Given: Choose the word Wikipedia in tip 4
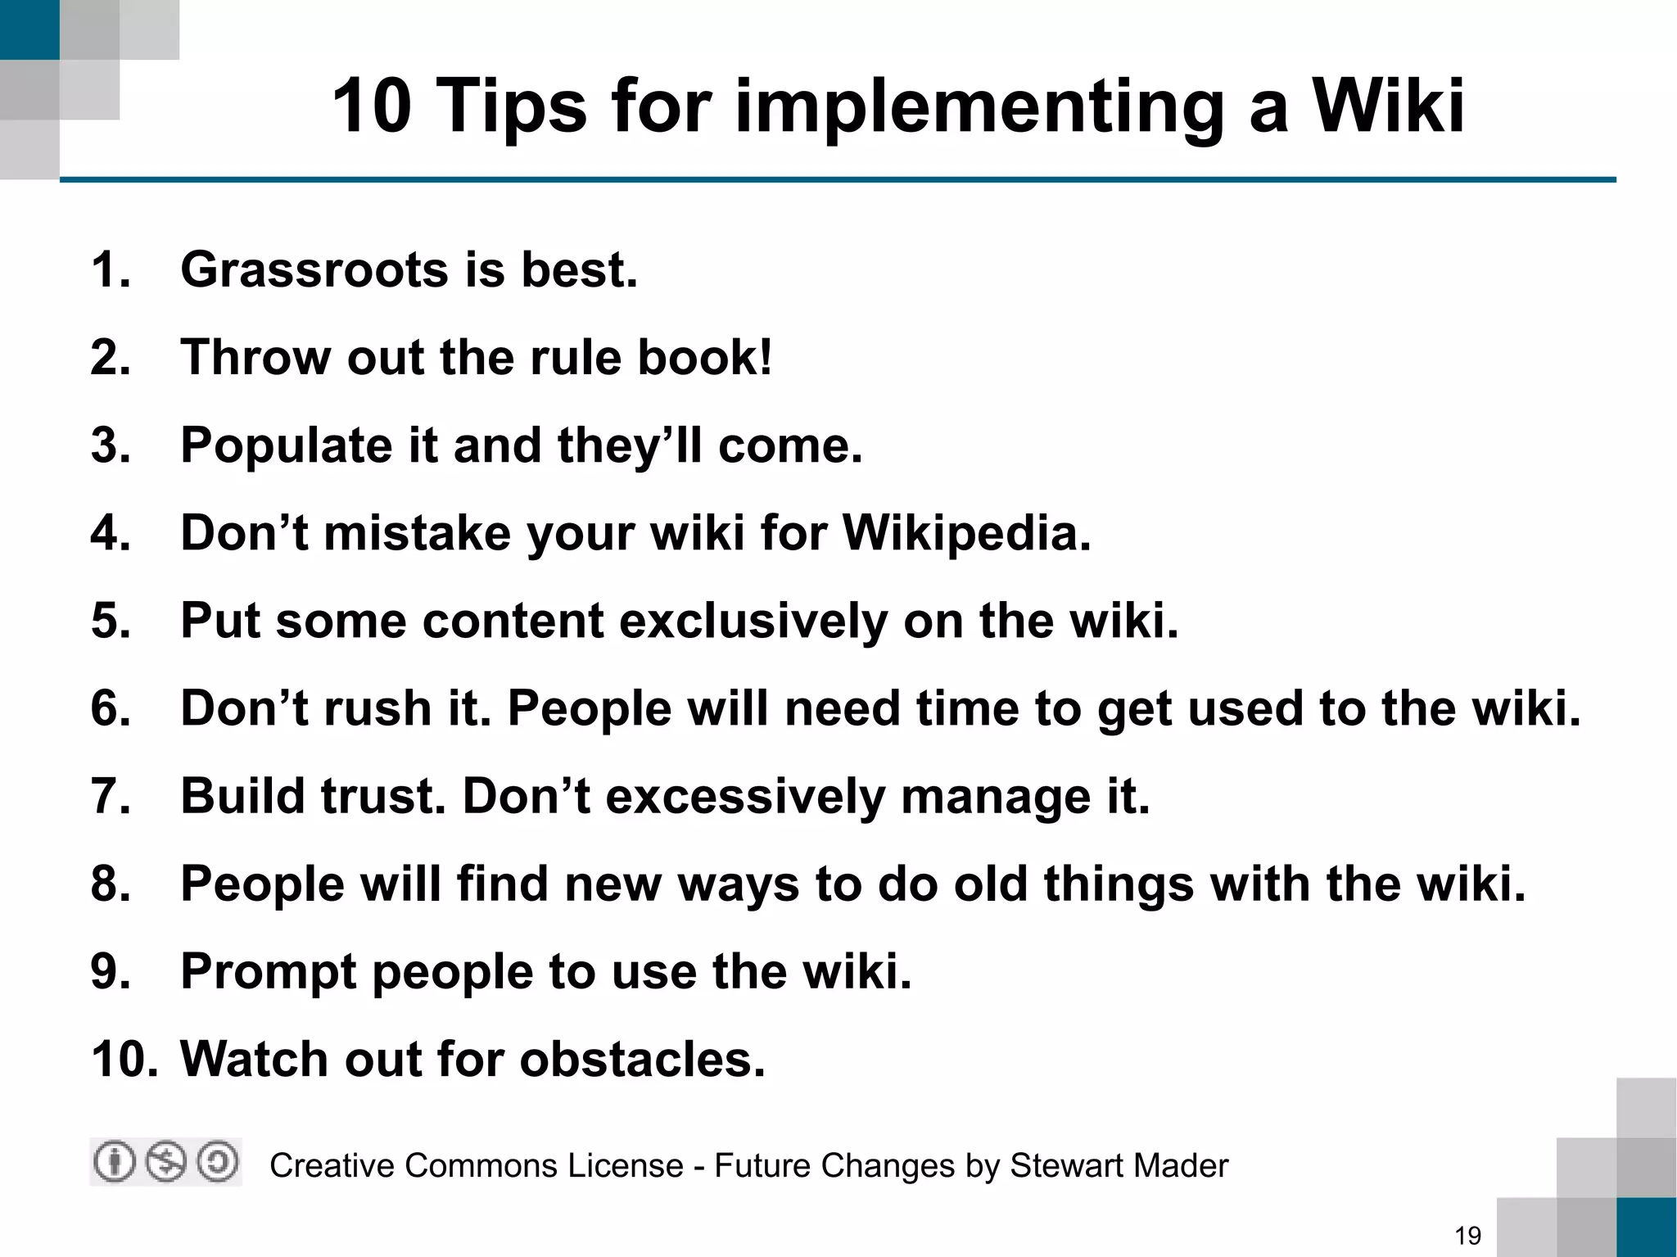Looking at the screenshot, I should coord(966,533).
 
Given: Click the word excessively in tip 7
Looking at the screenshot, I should coord(745,796).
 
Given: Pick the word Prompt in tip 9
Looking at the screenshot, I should coord(269,972).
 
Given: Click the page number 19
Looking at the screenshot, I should coord(1468,1235).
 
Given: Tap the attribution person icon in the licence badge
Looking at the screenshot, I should coord(115,1162).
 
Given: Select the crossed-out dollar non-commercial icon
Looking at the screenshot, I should coord(166,1162).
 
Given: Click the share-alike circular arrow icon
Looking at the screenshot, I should coord(218,1162).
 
